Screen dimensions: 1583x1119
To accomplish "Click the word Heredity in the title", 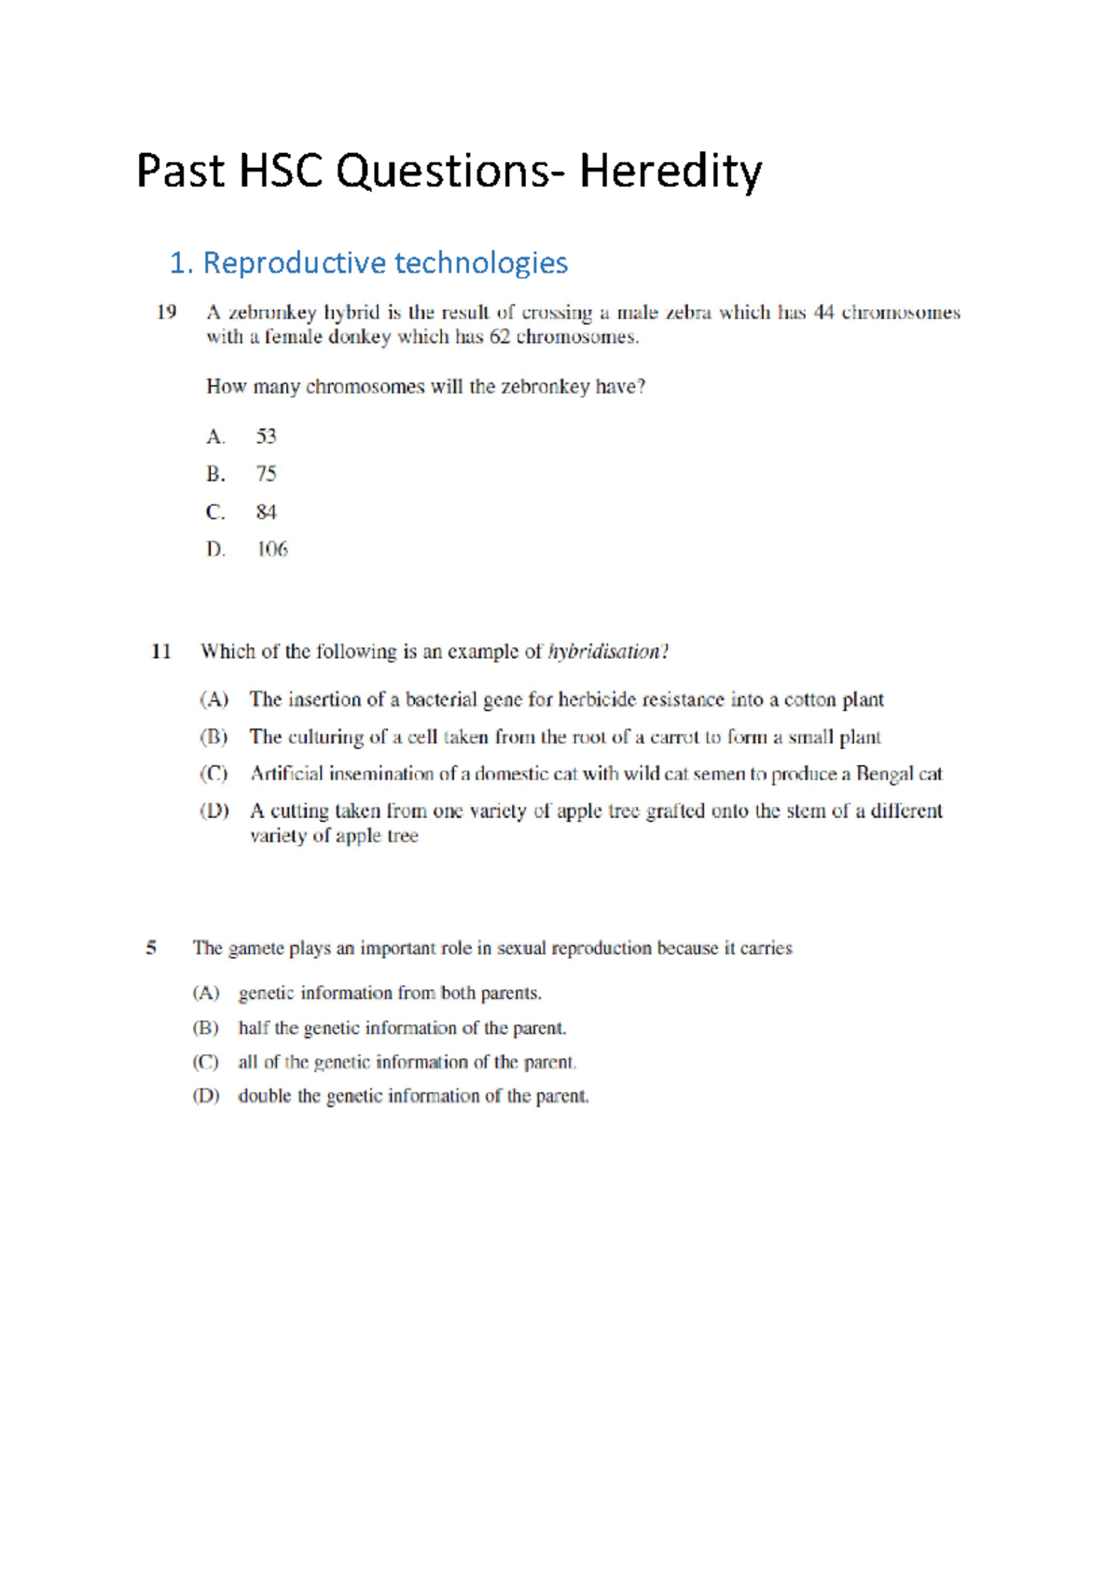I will [670, 172].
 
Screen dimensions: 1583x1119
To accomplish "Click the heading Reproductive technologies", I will [384, 263].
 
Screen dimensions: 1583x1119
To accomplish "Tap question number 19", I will [166, 312].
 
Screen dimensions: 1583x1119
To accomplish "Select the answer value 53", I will [267, 437].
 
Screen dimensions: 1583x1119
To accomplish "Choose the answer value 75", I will [267, 474].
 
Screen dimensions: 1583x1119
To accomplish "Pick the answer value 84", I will [267, 512].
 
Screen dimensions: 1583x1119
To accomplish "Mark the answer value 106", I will [272, 549].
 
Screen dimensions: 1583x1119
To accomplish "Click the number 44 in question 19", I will [823, 312].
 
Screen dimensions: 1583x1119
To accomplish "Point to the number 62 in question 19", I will [500, 337].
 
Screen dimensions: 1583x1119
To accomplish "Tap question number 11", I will [161, 651].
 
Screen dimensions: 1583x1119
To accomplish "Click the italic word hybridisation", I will [606, 651].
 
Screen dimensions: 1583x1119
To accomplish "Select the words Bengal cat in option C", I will [899, 773].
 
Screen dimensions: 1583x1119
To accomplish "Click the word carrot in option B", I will [674, 737].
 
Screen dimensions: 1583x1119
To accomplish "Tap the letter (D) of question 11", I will [214, 811].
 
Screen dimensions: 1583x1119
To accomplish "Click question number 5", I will [151, 948].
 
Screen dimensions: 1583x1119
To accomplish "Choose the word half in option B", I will [253, 1028].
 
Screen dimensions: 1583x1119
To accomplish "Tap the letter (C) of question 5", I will [205, 1062].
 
